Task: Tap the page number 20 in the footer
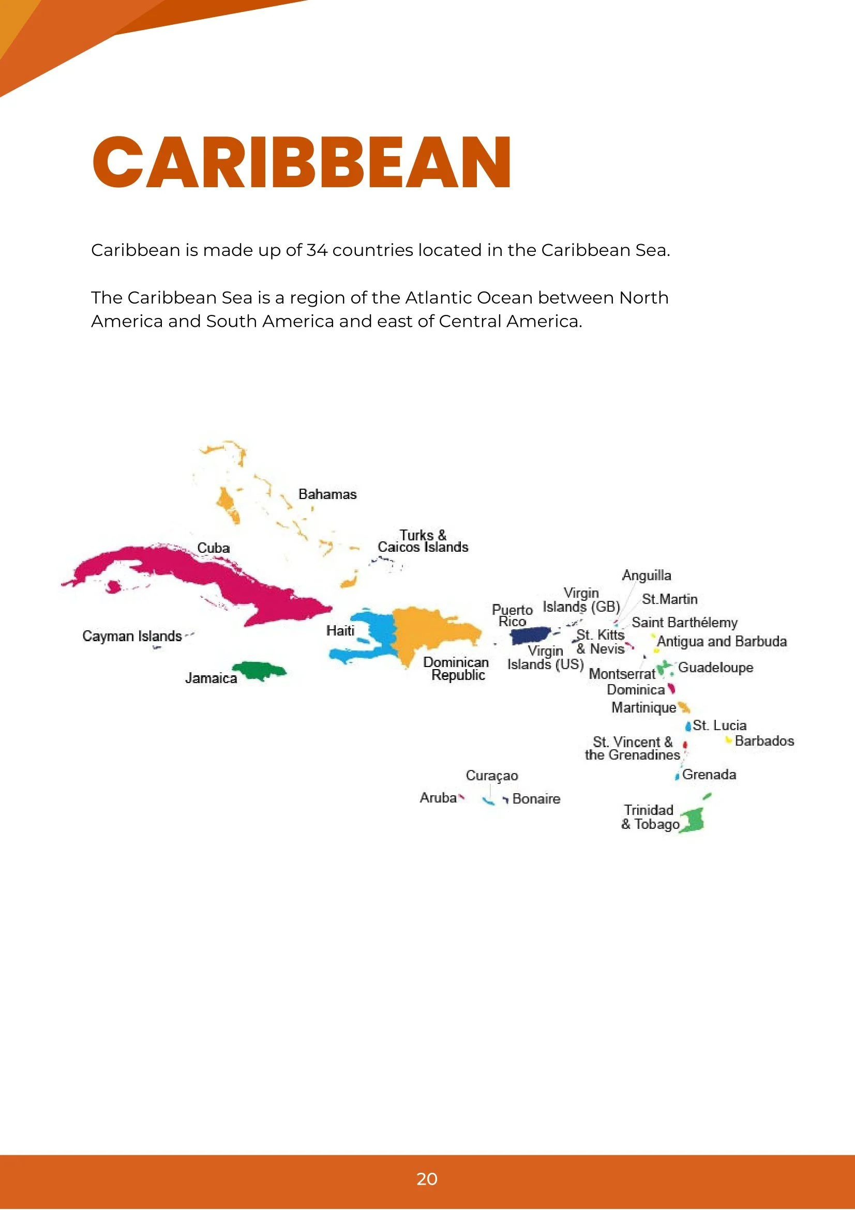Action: (x=427, y=1179)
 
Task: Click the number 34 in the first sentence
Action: (x=317, y=250)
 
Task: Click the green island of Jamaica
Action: (x=258, y=670)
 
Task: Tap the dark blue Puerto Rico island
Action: (x=530, y=636)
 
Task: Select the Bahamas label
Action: (x=327, y=494)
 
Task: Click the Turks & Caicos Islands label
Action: (x=423, y=541)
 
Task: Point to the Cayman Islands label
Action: (x=132, y=636)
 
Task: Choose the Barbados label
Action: (x=764, y=741)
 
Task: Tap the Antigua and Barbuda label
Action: (x=722, y=641)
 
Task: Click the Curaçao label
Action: (x=492, y=776)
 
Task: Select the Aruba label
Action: (x=438, y=798)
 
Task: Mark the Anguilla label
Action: (x=646, y=575)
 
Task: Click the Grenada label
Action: (x=709, y=775)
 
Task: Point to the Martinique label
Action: (x=643, y=707)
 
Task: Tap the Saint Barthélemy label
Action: (x=684, y=623)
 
